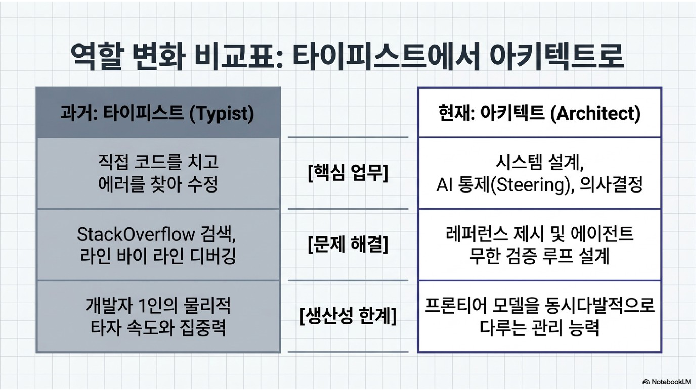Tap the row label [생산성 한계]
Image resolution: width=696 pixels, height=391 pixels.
(348, 316)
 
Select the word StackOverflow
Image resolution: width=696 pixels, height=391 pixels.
(136, 234)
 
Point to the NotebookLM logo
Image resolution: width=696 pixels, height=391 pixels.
(666, 382)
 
